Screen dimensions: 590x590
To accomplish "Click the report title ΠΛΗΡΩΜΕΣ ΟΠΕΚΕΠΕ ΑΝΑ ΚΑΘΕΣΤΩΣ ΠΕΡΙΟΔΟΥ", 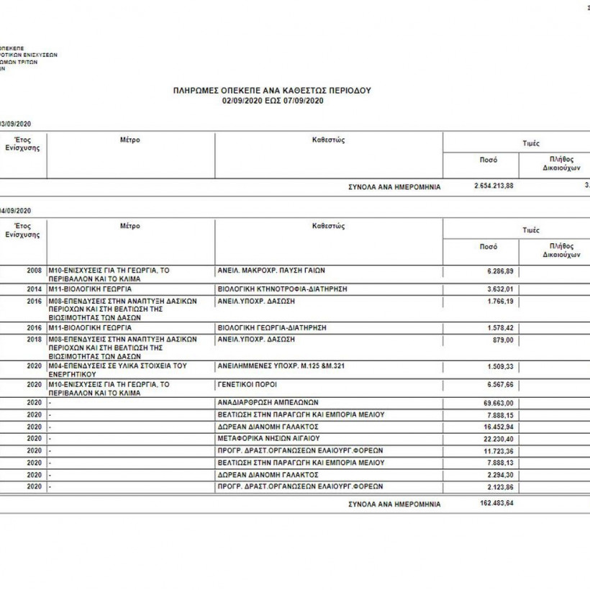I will [x=271, y=91].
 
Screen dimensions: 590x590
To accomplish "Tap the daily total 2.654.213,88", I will [x=494, y=186].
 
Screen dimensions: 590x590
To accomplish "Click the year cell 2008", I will [x=34, y=271].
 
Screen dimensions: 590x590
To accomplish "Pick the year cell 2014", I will [x=34, y=288].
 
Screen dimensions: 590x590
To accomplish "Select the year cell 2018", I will [x=34, y=339].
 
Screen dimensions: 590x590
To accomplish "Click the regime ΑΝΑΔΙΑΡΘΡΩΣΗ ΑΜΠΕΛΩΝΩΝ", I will [x=268, y=403].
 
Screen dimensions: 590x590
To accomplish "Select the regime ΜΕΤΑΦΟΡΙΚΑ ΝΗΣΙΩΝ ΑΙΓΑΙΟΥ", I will [x=268, y=438].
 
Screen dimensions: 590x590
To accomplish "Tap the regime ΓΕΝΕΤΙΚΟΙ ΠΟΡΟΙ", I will [x=247, y=385].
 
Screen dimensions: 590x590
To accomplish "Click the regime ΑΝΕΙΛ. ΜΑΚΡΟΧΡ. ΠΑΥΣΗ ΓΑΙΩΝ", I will [x=271, y=271].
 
